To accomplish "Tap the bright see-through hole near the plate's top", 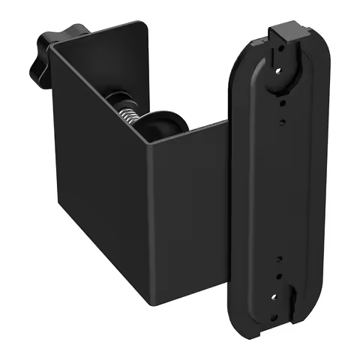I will (x=280, y=68).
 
